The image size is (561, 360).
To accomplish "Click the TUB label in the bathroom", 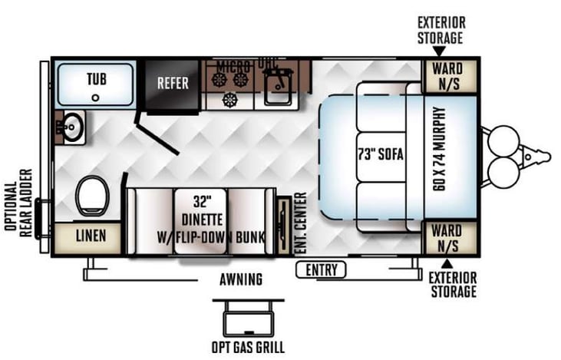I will pyautogui.click(x=96, y=78).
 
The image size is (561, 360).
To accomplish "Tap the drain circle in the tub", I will pyautogui.click(x=95, y=97).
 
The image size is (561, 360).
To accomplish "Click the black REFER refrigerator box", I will pyautogui.click(x=173, y=84).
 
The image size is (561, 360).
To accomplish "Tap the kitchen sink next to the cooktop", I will pyautogui.click(x=276, y=88).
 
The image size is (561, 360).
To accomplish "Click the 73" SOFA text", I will pyautogui.click(x=380, y=153).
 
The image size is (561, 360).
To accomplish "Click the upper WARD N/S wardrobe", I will pyautogui.click(x=446, y=77).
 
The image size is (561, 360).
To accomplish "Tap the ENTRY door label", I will pyautogui.click(x=321, y=269).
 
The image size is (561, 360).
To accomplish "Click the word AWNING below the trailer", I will pyautogui.click(x=239, y=279).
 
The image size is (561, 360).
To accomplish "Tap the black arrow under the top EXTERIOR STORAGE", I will pyautogui.click(x=439, y=51).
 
